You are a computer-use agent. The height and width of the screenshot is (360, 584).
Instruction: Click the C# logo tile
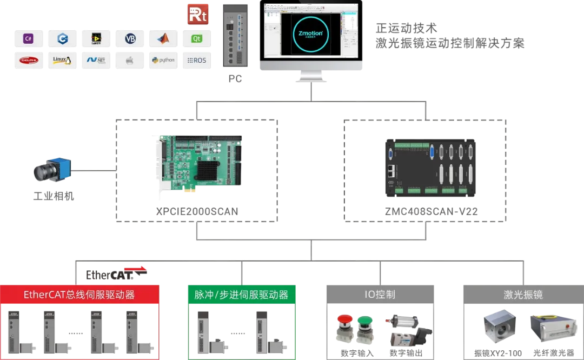click(29, 38)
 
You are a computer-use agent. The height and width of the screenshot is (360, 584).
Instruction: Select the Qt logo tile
click(197, 38)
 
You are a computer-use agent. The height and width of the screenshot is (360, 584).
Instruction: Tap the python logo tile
click(163, 60)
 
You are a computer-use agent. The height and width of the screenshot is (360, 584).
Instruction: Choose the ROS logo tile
click(197, 60)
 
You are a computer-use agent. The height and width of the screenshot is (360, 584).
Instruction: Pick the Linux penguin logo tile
click(62, 60)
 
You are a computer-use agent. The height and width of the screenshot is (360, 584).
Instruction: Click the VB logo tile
click(130, 38)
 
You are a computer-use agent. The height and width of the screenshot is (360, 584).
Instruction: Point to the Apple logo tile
click(130, 60)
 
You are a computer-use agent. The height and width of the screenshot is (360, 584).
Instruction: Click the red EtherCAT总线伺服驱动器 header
click(79, 295)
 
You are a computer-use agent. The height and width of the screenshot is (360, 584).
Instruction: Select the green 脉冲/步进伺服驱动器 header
click(241, 295)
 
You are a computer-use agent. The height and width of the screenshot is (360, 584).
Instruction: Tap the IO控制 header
click(380, 295)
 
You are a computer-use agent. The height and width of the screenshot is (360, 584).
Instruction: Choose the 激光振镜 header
click(522, 295)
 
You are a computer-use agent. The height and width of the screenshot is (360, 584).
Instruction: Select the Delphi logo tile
click(29, 60)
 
